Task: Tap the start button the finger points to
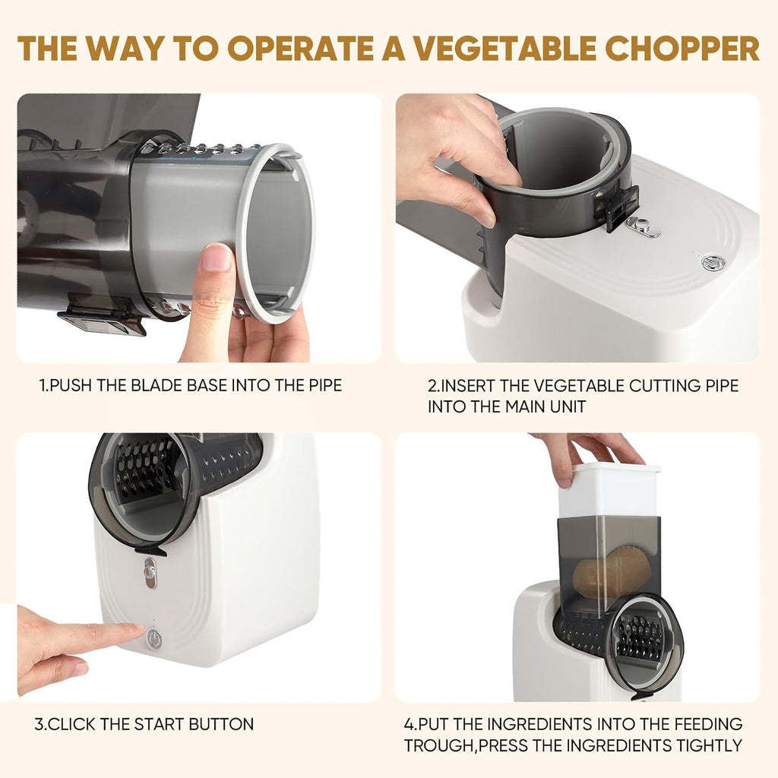coord(153,639)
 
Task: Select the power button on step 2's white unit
coord(712,262)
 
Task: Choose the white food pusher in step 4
coord(609,490)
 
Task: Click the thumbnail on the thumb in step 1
coord(217,258)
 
